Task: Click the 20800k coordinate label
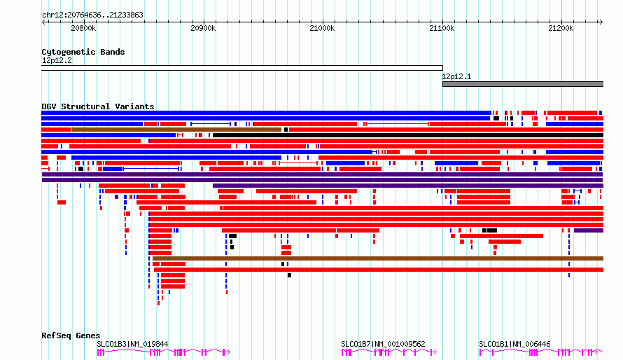pyautogui.click(x=83, y=28)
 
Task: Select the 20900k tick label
pyautogui.click(x=203, y=28)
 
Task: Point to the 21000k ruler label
pyautogui.click(x=322, y=28)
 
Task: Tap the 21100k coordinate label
pyautogui.click(x=442, y=28)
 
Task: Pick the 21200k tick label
pyautogui.click(x=561, y=28)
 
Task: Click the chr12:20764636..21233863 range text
pyautogui.click(x=92, y=15)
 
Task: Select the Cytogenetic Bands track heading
pyautogui.click(x=83, y=52)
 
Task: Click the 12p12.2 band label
pyautogui.click(x=57, y=60)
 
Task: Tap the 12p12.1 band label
pyautogui.click(x=456, y=76)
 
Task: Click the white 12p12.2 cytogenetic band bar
pyautogui.click(x=242, y=68)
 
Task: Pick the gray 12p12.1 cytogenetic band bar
pyautogui.click(x=523, y=84)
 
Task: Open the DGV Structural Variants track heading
pyautogui.click(x=98, y=106)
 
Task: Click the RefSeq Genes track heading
pyautogui.click(x=71, y=335)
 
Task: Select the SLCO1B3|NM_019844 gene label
pyautogui.click(x=132, y=344)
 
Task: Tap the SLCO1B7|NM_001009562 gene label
pyautogui.click(x=383, y=344)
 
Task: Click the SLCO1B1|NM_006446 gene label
pyautogui.click(x=514, y=344)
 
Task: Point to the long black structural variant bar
pyautogui.click(x=408, y=135)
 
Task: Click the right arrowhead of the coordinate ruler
pyautogui.click(x=601, y=22)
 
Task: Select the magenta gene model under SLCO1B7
pyautogui.click(x=389, y=352)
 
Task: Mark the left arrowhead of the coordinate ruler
pyautogui.click(x=43, y=22)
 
